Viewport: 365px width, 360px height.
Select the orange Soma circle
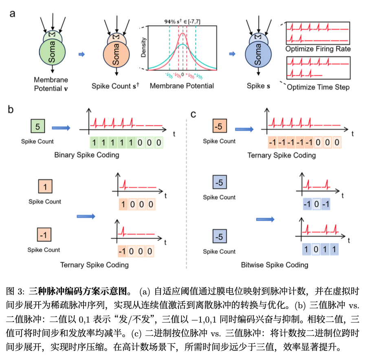(x=116, y=55)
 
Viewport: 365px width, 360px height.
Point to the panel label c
(x=194, y=114)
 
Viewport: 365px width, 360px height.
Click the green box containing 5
(x=37, y=127)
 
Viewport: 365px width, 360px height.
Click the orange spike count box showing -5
(x=219, y=127)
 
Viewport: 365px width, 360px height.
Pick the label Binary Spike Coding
(x=87, y=155)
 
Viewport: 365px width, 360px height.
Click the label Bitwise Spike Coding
(x=274, y=265)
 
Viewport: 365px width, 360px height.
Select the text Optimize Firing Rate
(x=317, y=49)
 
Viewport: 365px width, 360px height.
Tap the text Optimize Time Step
(x=318, y=87)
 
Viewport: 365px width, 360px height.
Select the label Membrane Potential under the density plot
(x=182, y=86)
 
